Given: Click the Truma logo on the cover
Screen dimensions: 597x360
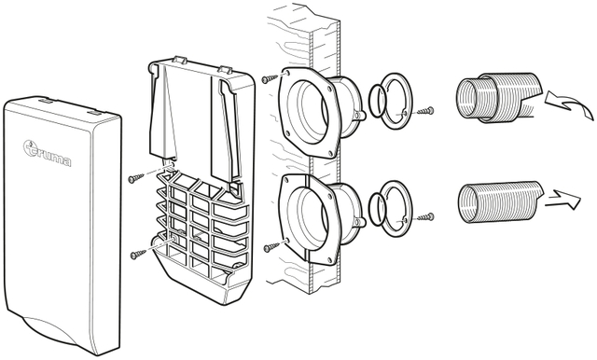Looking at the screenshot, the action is pos(47,153).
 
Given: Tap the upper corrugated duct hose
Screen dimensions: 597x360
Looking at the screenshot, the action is pos(499,97).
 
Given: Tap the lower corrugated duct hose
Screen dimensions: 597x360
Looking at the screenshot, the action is pos(500,201).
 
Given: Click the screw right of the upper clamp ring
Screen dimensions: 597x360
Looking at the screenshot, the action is pos(425,111).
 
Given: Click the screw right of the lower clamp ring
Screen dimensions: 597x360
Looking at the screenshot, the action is pos(425,217).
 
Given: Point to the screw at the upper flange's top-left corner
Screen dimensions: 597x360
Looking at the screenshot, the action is pos(271,78).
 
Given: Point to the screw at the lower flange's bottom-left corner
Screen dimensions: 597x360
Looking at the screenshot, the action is pos(271,248).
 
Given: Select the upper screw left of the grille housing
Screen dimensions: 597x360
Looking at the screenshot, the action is pos(136,178).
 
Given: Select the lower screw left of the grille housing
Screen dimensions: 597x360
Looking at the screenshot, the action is pos(138,255).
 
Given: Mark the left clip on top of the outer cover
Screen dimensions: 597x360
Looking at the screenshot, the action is pos(46,102).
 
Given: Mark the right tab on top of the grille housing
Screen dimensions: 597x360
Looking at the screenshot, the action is pos(225,70).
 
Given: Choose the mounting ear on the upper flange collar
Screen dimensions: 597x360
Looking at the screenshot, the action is pos(360,114).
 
